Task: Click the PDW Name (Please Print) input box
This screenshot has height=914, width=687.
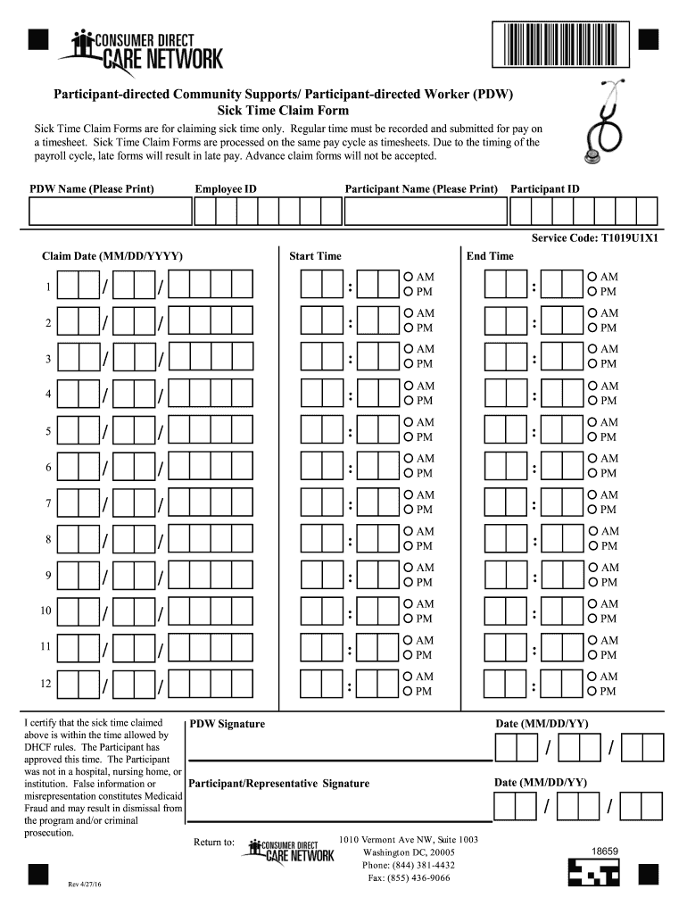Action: coord(111,212)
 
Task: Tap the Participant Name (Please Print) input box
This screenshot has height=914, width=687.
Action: coord(424,212)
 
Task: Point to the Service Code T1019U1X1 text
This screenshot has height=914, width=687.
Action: coord(595,238)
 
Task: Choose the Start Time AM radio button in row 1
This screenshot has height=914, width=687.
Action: coord(408,278)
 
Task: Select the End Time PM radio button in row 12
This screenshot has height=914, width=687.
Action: coord(592,692)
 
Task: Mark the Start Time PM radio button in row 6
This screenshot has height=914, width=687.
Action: coord(408,473)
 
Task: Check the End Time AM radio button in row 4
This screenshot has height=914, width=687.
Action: coord(592,386)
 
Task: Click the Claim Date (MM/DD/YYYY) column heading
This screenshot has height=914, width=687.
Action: coord(112,256)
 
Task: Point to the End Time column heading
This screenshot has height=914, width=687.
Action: coord(490,256)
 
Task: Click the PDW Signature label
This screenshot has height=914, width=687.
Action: coord(228,724)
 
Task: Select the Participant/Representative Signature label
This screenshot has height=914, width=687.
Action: coord(279,784)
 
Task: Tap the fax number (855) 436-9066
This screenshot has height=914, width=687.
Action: coord(409,878)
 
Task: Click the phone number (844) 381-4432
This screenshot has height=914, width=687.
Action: coord(409,865)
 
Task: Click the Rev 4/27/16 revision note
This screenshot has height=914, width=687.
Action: coord(87,885)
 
